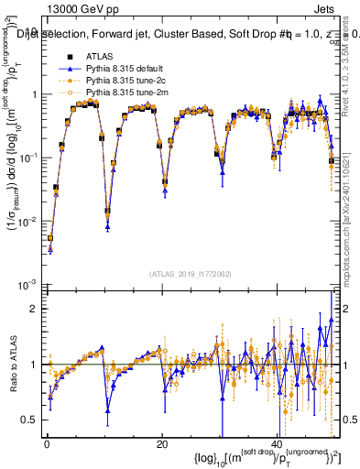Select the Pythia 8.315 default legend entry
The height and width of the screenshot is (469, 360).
tap(120, 69)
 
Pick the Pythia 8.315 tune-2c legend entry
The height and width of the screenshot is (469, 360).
tap(119, 81)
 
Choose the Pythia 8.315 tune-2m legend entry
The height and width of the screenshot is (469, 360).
tap(120, 93)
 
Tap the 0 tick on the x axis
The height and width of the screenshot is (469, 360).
tap(47, 444)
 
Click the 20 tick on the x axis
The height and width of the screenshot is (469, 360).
tap(162, 444)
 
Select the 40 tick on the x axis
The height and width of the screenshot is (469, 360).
tap(278, 444)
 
